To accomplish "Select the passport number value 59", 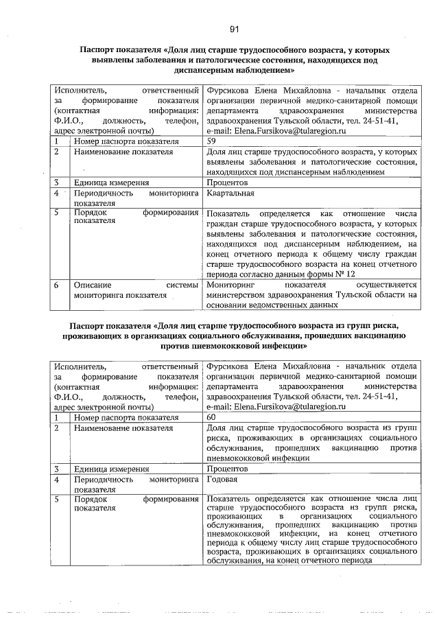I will pos(211,141).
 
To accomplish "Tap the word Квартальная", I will pos(230,194).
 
